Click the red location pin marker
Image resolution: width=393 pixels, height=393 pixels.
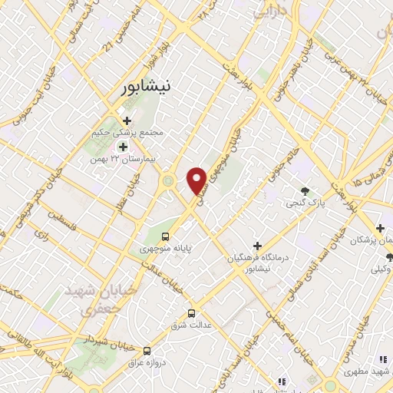click(x=196, y=180)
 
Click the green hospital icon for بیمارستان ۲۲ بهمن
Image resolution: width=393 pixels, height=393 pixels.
click(x=122, y=147)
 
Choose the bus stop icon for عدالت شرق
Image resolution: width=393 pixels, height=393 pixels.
click(x=191, y=313)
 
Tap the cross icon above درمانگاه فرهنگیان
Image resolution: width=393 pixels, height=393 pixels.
click(x=257, y=245)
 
